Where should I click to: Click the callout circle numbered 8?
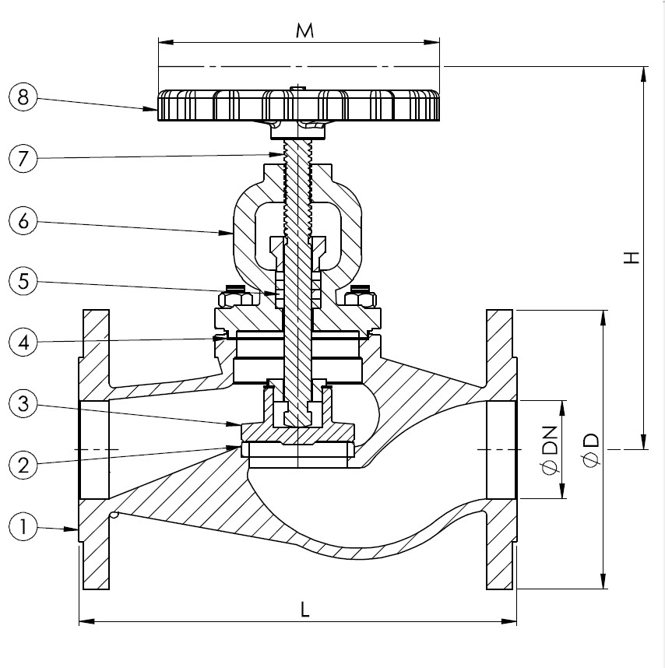23,98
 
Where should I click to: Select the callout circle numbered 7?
23,159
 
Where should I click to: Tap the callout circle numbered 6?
23,221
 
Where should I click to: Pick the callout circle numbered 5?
23,282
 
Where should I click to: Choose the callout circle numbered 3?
23,404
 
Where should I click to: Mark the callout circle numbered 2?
23,465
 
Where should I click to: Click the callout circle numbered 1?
23,527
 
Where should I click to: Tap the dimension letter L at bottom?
306,610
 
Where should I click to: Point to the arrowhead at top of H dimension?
644,74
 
